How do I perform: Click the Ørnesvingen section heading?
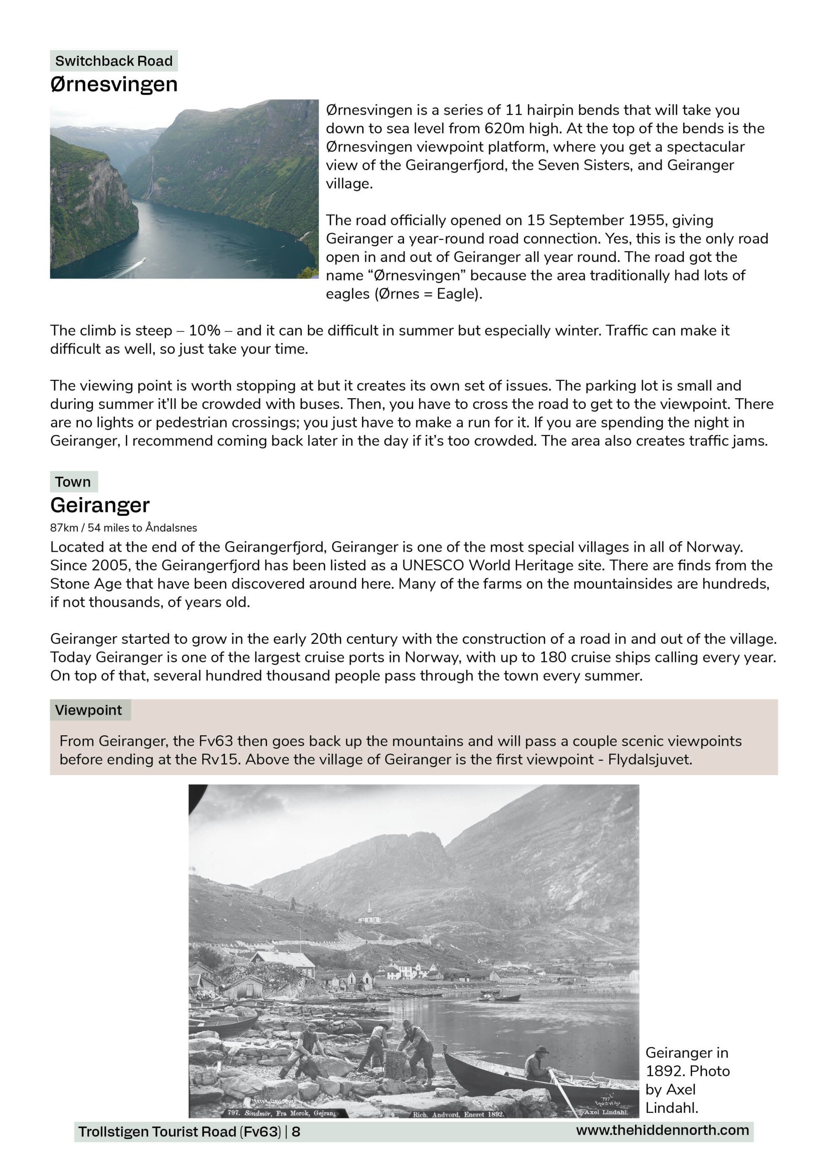point(114,84)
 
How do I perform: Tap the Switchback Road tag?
point(113,61)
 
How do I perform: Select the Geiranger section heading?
point(100,505)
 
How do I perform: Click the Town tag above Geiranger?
point(73,482)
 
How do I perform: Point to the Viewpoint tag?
point(89,710)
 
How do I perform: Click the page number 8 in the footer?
point(296,1132)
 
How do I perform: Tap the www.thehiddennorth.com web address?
point(662,1130)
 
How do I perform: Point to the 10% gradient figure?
point(204,331)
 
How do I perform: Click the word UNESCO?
point(433,565)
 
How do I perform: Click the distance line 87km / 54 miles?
point(124,528)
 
